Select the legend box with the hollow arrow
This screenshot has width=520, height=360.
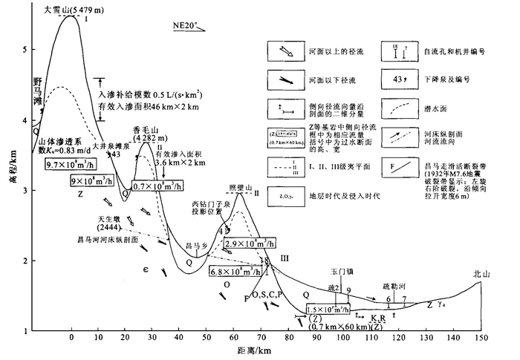286,51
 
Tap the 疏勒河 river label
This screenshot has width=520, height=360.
393,285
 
